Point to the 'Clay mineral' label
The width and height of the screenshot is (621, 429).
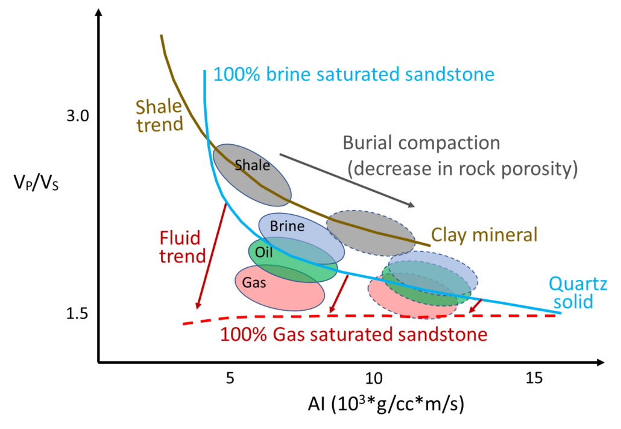tap(484, 235)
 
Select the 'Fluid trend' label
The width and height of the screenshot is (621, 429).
tap(182, 246)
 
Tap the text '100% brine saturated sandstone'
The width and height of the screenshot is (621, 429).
tap(354, 75)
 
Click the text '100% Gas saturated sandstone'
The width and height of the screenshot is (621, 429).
tap(353, 334)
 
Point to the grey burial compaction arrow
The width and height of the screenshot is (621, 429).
tap(347, 180)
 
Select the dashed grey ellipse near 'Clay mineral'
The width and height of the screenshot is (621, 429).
tap(371, 232)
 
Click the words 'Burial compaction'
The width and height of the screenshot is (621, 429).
tap(421, 143)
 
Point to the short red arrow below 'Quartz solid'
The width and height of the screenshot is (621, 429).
tap(476, 306)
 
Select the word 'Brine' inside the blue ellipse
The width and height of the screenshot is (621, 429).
tap(287, 227)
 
